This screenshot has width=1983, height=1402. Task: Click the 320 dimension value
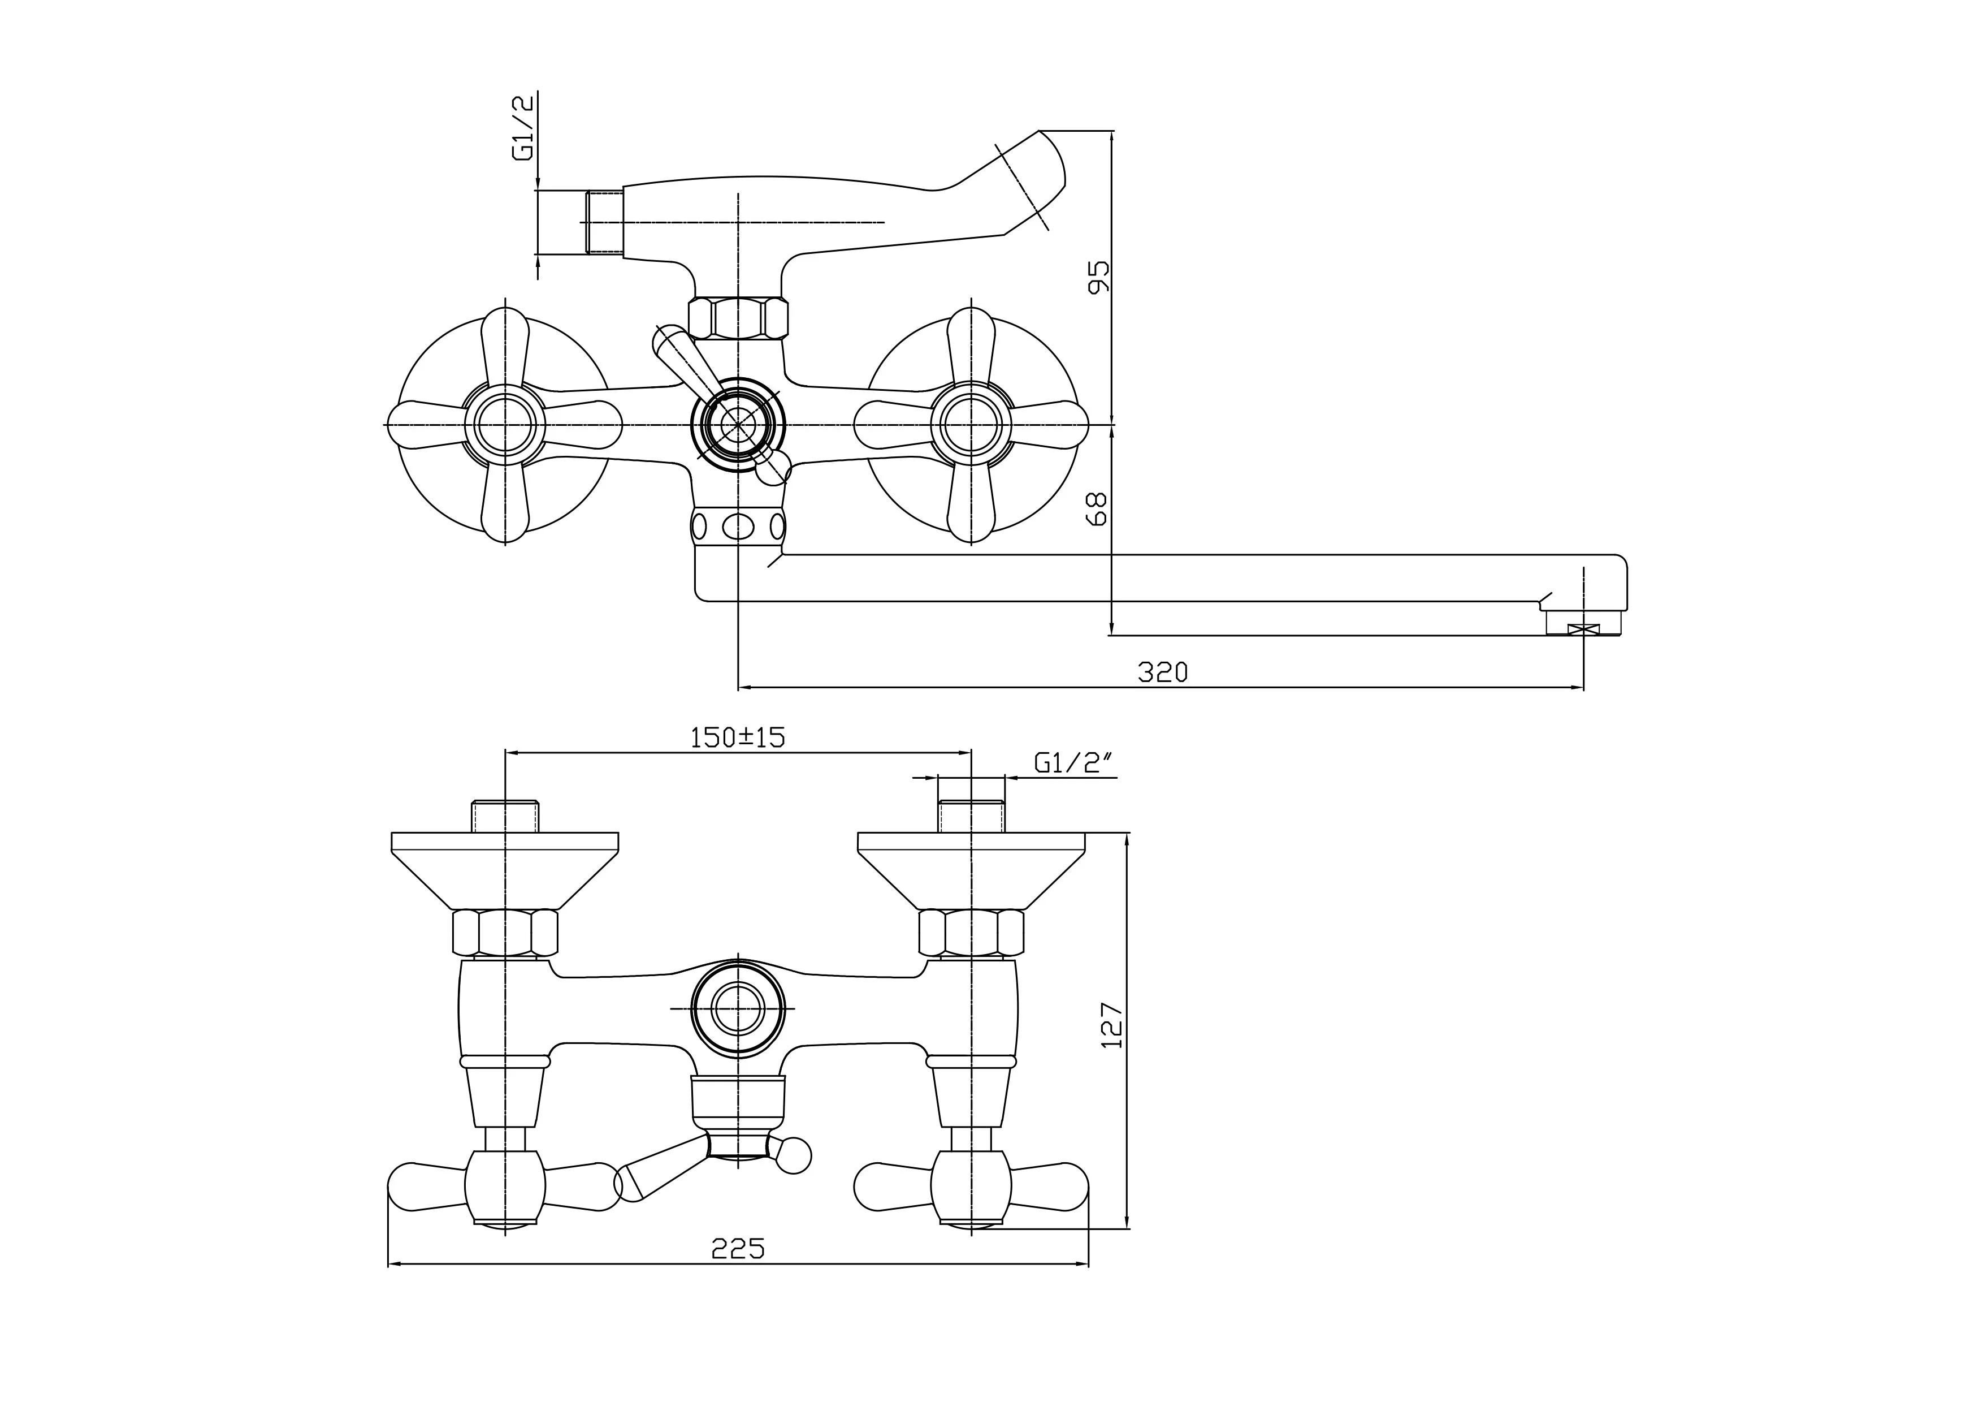coord(1163,672)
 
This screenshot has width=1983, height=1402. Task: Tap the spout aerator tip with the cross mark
coord(1583,631)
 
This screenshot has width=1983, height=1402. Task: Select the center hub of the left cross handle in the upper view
coord(505,425)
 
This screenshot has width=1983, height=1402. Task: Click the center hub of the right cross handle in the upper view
coord(972,425)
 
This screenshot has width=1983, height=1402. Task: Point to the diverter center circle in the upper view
coord(738,425)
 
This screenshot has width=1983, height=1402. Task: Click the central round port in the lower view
coord(738,1008)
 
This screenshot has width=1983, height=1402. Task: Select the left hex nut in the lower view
coord(505,932)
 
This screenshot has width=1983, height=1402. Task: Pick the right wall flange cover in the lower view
coord(972,868)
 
